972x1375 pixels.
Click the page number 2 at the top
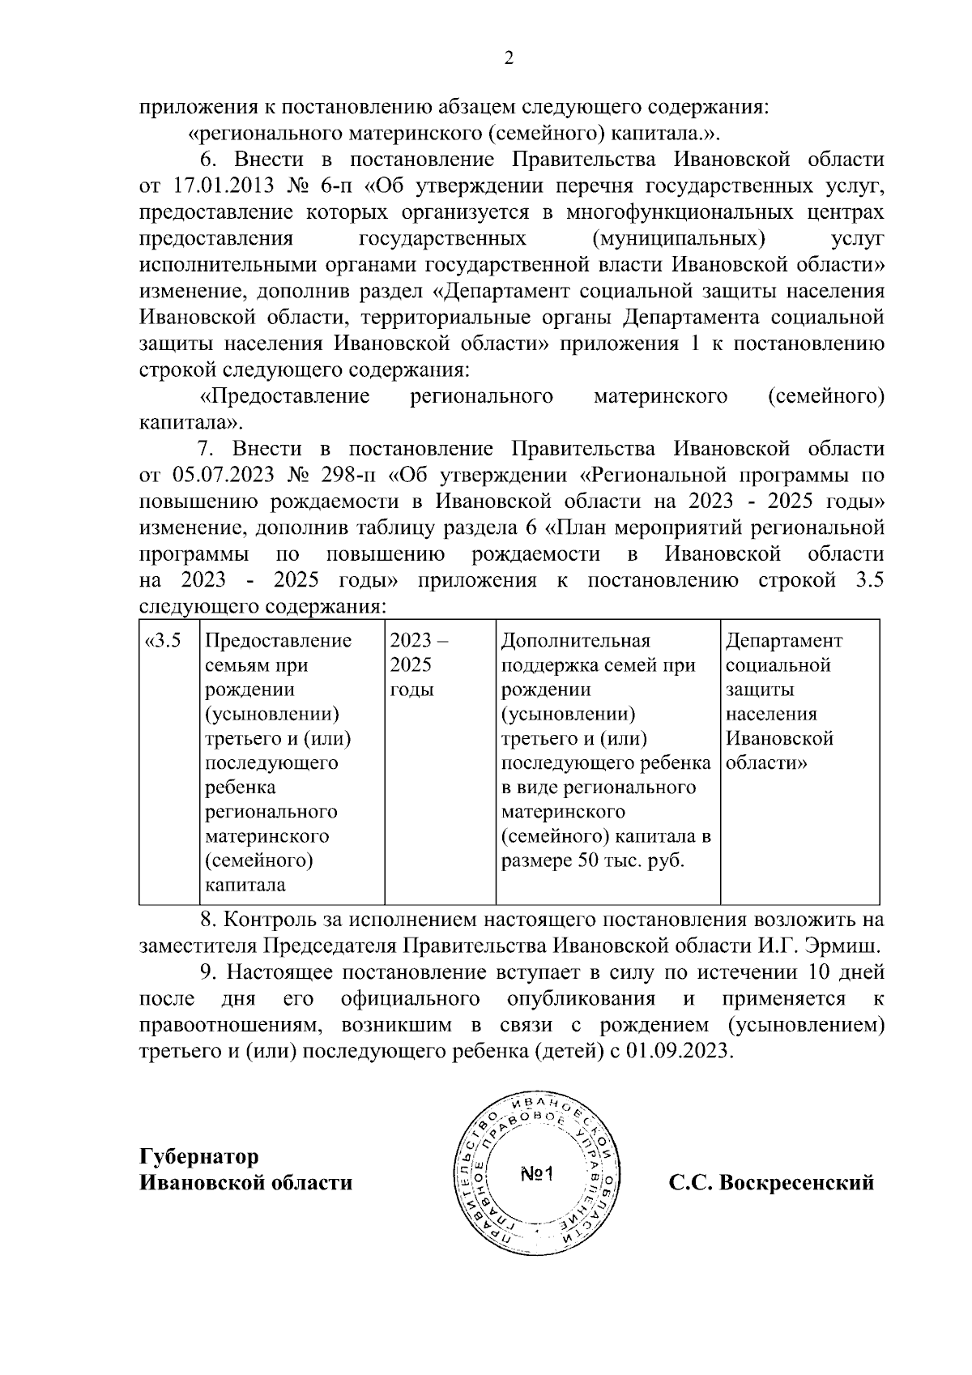pos(509,58)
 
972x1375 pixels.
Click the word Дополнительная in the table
pos(576,642)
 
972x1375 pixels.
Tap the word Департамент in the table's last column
pos(783,642)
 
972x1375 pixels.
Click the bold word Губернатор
pos(199,1156)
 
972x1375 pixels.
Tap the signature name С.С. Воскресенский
pos(771,1183)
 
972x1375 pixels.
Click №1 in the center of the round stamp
pos(535,1174)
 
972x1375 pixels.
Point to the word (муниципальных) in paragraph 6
pos(679,239)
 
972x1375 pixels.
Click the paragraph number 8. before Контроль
pos(208,920)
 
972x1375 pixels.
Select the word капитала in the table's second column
pos(245,885)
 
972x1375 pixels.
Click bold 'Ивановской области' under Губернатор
pos(246,1183)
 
